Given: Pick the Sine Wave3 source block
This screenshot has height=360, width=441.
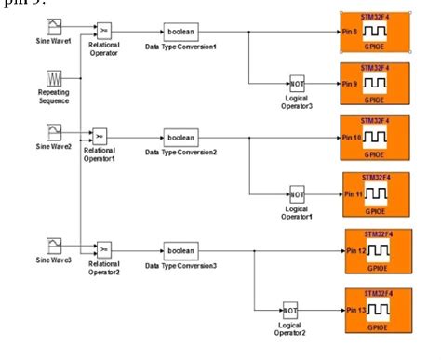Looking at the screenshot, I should [54, 245].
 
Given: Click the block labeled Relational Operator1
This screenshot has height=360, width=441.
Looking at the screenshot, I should [102, 135].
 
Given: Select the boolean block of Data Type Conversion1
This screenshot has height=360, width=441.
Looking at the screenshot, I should [180, 31].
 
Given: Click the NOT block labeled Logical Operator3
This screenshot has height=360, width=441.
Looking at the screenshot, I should [298, 83].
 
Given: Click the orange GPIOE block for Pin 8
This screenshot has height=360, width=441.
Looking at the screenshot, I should [374, 32].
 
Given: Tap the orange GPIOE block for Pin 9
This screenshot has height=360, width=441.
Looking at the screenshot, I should [374, 84].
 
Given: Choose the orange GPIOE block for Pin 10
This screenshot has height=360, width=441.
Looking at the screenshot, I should [374, 138].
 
